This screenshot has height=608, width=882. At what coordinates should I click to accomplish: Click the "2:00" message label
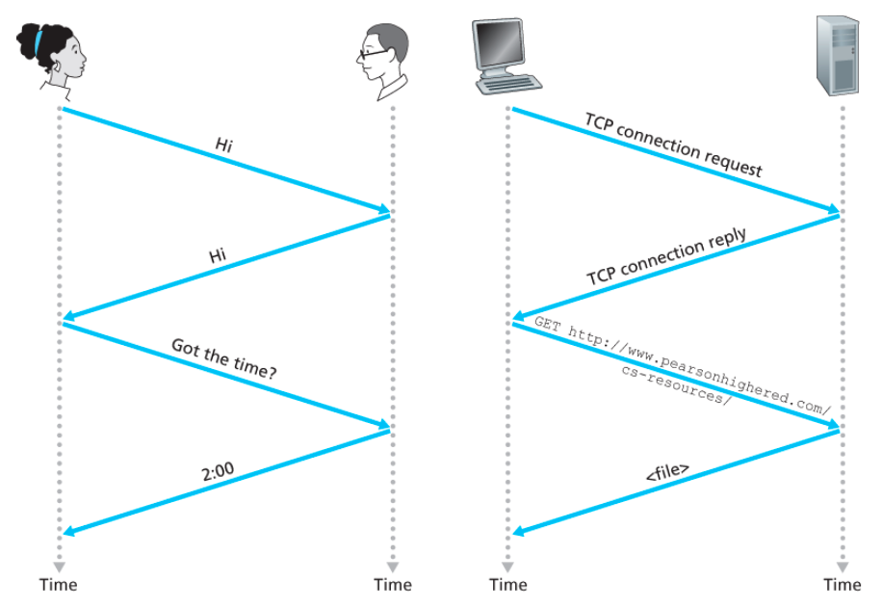coord(217,470)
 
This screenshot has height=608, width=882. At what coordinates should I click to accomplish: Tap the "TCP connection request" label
coord(674,145)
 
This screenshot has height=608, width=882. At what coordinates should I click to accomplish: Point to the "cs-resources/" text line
coord(676,384)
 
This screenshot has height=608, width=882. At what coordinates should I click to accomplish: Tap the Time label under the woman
coord(58,584)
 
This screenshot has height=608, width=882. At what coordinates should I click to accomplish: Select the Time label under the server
coord(843,584)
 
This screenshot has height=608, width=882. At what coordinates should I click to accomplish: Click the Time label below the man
coord(392,584)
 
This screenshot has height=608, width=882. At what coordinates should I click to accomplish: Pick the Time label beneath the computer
coord(508,584)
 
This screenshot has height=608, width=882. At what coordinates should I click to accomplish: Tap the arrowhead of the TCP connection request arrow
coord(833,209)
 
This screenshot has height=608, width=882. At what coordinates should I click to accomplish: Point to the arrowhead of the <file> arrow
coord(518,531)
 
